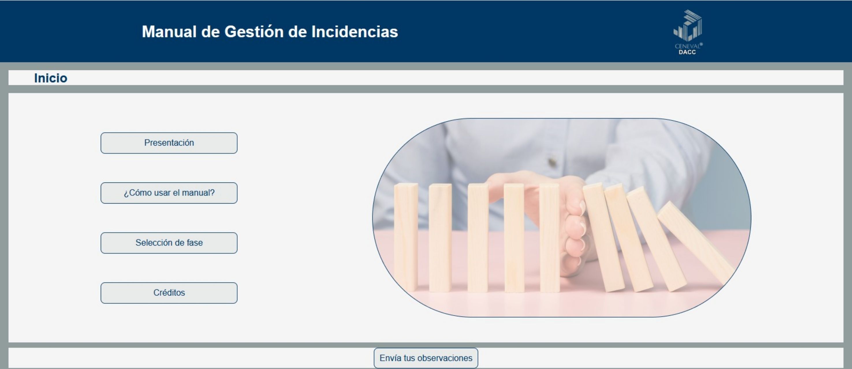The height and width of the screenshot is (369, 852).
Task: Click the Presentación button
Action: pyautogui.click(x=169, y=143)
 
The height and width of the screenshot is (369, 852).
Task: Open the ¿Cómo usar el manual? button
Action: pyautogui.click(x=169, y=193)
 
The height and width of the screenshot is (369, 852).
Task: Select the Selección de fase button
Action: pyautogui.click(x=169, y=243)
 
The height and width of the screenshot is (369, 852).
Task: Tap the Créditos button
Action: pyautogui.click(x=169, y=293)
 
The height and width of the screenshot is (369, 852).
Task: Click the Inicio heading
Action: pyautogui.click(x=51, y=78)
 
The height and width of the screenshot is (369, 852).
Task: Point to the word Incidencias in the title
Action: pyautogui.click(x=355, y=32)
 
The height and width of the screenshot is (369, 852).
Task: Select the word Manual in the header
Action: pyautogui.click(x=169, y=32)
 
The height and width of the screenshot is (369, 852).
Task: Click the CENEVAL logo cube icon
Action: pyautogui.click(x=688, y=25)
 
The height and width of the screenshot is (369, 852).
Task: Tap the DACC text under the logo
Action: pyautogui.click(x=687, y=52)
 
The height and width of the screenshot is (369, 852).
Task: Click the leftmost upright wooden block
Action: pyautogui.click(x=406, y=237)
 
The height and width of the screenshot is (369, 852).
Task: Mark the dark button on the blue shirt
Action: pyautogui.click(x=552, y=162)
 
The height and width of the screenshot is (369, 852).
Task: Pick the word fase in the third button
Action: pyautogui.click(x=195, y=243)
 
